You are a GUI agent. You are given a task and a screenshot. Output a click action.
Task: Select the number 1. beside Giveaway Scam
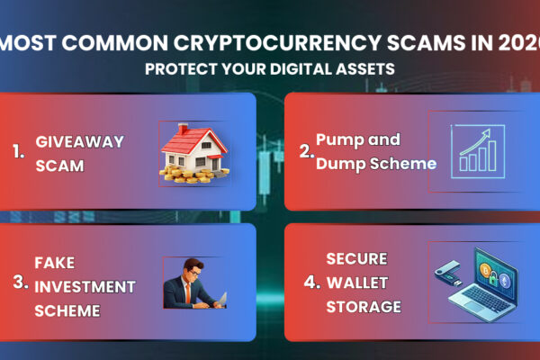pos(19,152)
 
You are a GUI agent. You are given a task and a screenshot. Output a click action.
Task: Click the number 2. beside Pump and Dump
pos(307,152)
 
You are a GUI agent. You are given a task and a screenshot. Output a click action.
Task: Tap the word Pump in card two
pos(339,140)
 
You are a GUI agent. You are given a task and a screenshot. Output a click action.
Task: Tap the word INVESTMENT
pos(85,287)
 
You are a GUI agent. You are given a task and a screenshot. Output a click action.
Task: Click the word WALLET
pos(356,283)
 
